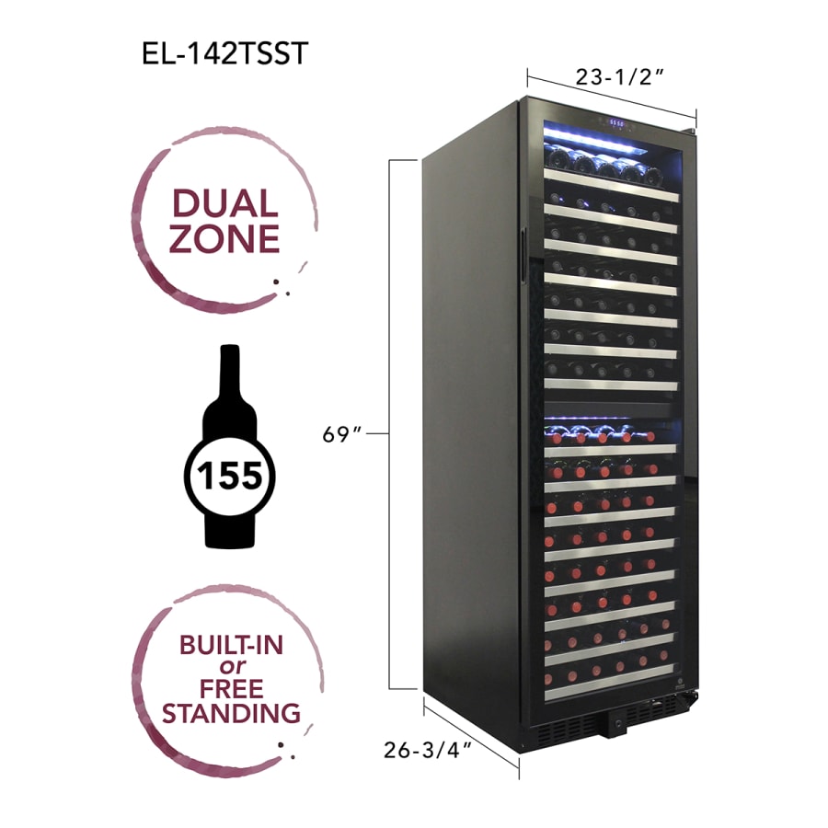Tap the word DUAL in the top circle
224,203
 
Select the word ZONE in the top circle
224,238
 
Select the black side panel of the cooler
469,414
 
